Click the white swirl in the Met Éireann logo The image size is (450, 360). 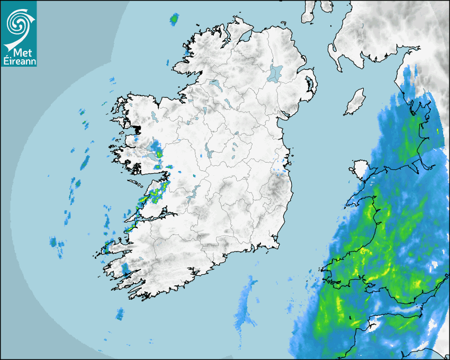(x=17, y=22)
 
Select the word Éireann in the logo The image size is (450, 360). (x=19, y=61)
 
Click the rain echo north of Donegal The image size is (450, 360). (x=174, y=20)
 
